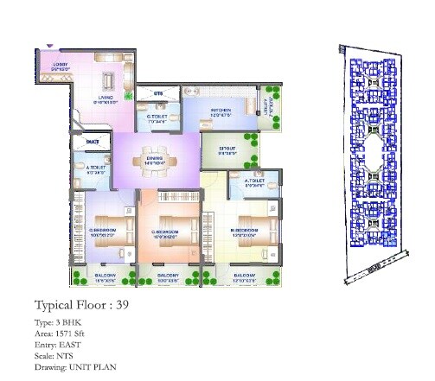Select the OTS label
coord(158,92)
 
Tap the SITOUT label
coord(227,148)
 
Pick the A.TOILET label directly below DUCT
coord(95,169)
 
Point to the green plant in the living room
coord(127,98)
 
